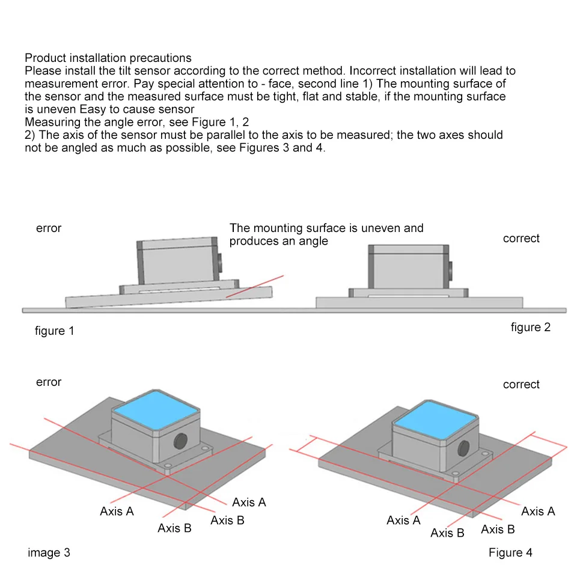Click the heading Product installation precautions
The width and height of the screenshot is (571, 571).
pos(108,58)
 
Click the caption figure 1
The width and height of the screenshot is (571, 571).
pos(55,331)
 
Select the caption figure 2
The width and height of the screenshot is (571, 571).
pos(531,327)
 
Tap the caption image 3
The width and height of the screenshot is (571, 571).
pos(49,552)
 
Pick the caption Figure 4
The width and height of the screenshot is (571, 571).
pos(510,552)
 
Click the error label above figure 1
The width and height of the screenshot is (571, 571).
pos(49,228)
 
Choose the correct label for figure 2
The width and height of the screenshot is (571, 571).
pos(521,239)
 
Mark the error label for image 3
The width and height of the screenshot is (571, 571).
pos(49,382)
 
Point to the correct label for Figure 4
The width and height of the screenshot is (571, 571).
pos(521,385)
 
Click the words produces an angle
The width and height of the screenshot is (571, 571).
pos(279,241)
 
